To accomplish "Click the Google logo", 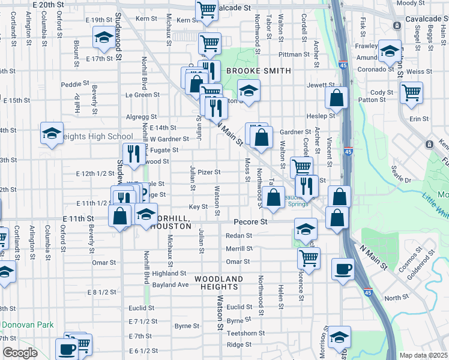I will click(19, 353).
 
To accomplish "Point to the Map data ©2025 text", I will click(423, 355).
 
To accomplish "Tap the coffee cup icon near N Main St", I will click(343, 269).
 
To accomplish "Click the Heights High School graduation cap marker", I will click(52, 133).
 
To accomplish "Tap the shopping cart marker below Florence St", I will click(309, 259).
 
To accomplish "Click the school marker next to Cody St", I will click(389, 51).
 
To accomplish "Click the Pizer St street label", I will click(209, 172).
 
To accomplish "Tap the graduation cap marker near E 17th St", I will click(104, 39).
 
